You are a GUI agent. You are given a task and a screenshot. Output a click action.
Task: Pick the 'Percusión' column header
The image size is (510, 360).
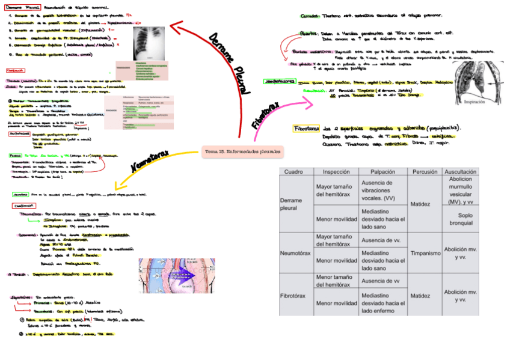tap(425, 172)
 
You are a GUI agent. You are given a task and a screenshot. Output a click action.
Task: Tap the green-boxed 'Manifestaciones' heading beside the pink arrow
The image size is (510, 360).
tap(280, 81)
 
